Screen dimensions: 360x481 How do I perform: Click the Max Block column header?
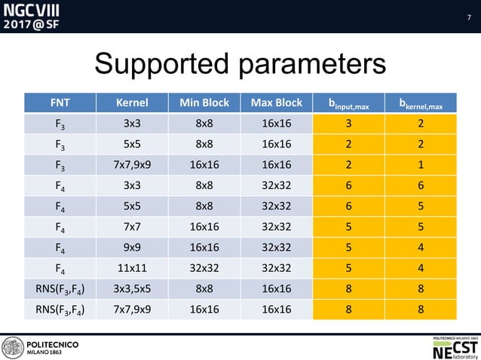[x=278, y=102]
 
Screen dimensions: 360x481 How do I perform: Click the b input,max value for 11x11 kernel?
[x=349, y=267]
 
